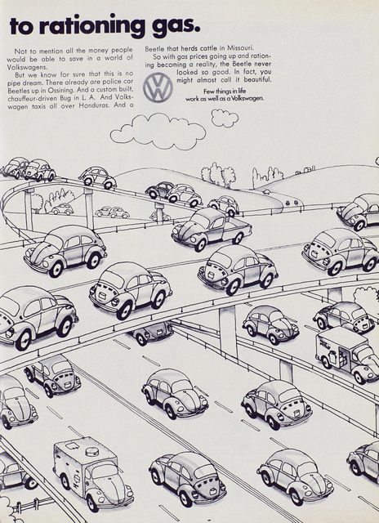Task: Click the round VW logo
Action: coord(158,87)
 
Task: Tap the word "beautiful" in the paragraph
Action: coord(257,80)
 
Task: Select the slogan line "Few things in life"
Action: coord(225,92)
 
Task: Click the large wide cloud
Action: coord(158,131)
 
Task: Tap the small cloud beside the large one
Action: coord(225,118)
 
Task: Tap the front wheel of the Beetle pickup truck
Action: coord(201,245)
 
